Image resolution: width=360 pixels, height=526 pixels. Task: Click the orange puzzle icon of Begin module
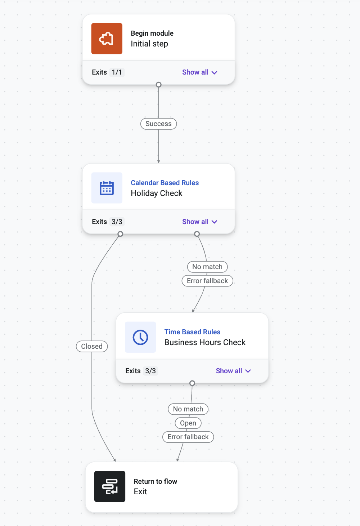(x=107, y=39)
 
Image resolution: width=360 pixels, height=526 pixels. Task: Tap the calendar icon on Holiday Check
(x=107, y=188)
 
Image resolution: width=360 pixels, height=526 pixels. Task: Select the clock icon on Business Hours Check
(x=140, y=337)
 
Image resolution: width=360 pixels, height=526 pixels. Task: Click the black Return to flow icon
(x=110, y=486)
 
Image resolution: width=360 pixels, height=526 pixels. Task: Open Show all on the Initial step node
(x=200, y=72)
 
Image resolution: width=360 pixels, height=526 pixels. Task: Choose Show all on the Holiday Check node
(x=200, y=222)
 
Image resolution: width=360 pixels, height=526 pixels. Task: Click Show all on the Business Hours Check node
(x=233, y=371)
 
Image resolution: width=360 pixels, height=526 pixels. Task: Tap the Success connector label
(x=159, y=124)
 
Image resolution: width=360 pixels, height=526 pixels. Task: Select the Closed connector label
(x=92, y=346)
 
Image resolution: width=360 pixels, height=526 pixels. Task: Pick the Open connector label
(x=188, y=423)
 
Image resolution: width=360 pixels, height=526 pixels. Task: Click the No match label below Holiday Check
(x=207, y=267)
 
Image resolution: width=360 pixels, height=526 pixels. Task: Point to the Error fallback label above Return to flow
(x=188, y=437)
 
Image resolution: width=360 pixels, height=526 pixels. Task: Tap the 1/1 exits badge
(x=117, y=72)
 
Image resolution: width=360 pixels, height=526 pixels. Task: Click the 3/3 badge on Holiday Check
(x=117, y=222)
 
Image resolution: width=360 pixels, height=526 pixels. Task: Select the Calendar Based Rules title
(x=165, y=183)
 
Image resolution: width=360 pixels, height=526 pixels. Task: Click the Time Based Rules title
(x=192, y=332)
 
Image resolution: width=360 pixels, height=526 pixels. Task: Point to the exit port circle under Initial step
(x=159, y=85)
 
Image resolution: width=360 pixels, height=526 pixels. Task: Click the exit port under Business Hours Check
(x=192, y=383)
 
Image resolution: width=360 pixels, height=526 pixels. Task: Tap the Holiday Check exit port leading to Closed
(x=120, y=234)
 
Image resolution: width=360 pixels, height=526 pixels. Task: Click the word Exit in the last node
(x=140, y=491)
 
